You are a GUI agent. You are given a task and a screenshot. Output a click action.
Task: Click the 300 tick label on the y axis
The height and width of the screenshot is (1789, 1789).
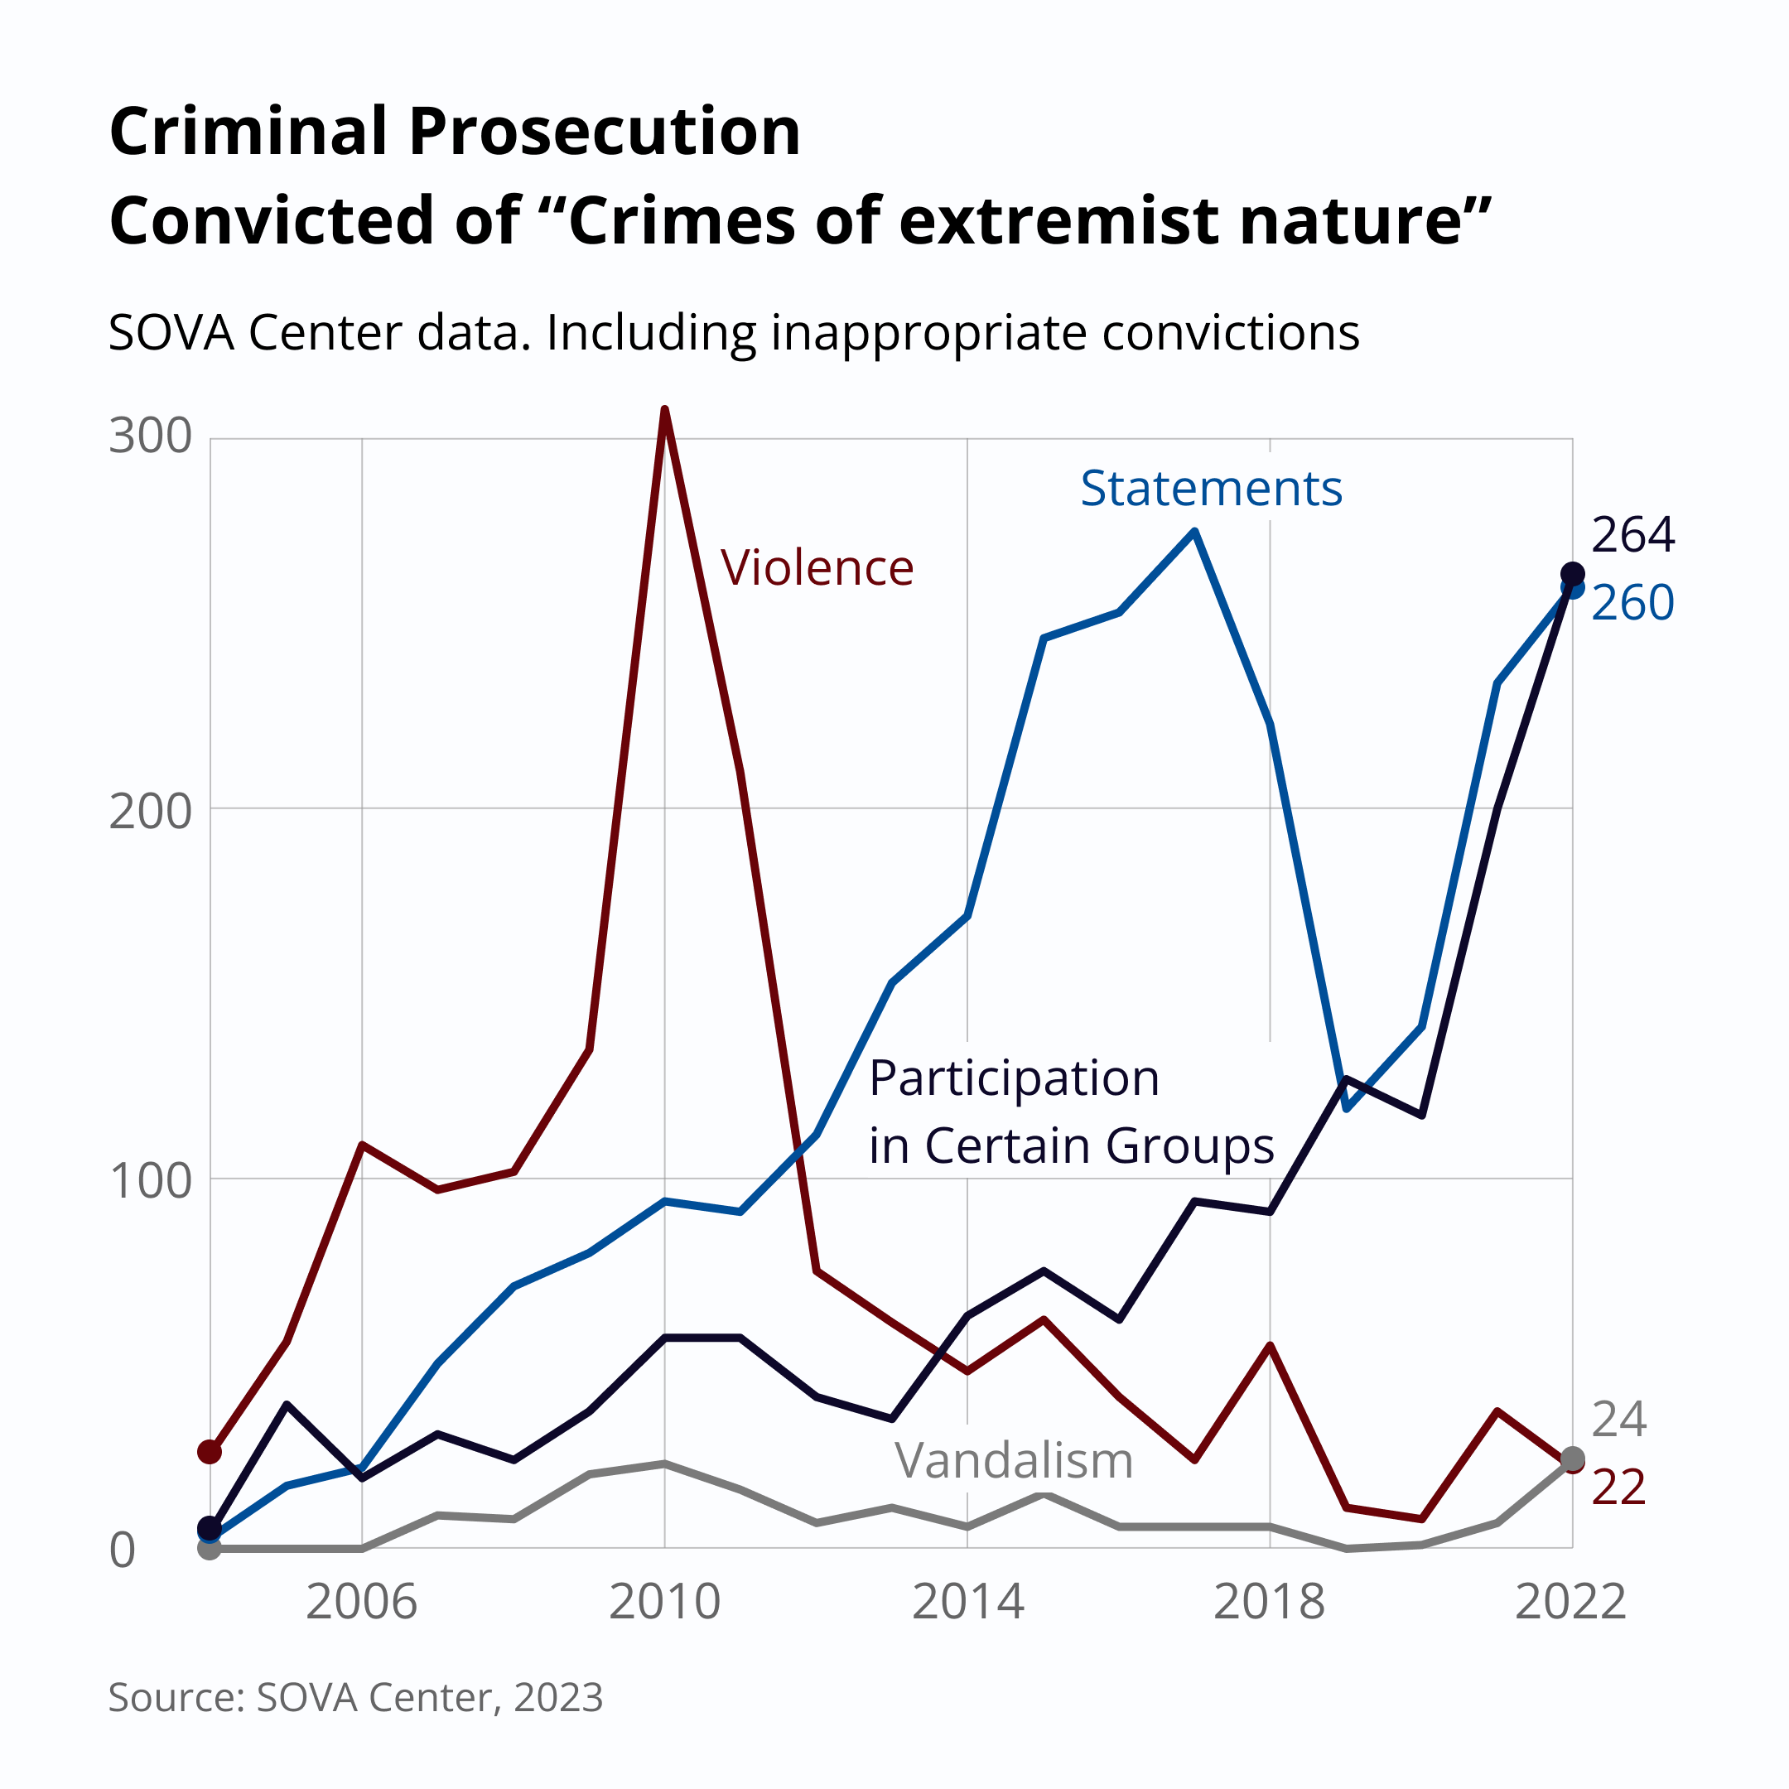(150, 436)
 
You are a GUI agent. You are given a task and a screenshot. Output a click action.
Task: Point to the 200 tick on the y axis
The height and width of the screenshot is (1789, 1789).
(150, 812)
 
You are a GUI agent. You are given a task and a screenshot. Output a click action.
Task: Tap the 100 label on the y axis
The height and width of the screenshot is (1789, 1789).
(150, 1182)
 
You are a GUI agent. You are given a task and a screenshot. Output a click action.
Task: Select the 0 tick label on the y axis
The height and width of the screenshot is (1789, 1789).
(123, 1550)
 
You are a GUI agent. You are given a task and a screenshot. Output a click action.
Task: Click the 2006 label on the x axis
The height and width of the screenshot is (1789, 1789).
(361, 1602)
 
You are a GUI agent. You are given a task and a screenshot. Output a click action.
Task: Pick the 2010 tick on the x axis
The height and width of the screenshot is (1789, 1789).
(664, 1602)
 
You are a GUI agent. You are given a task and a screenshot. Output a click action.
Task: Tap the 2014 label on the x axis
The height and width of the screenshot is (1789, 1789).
(967, 1602)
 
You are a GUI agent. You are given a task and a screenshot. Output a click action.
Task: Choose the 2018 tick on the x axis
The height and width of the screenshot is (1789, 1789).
(1270, 1602)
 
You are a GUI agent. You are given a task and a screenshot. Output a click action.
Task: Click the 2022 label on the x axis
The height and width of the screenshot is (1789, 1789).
(1570, 1602)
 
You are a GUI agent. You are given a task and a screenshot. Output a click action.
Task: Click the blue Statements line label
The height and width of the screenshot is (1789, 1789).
(1210, 488)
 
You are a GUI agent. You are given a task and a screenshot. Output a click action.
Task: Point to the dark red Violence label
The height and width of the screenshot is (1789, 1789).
(817, 567)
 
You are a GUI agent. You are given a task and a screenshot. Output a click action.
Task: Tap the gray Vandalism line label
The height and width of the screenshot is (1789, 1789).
(1013, 1461)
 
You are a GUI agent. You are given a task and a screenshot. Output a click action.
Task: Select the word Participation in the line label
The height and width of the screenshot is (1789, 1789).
(1014, 1078)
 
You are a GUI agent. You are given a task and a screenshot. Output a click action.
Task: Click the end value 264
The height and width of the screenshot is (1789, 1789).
(1632, 535)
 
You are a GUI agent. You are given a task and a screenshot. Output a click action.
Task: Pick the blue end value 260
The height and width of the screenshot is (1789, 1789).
(1632, 603)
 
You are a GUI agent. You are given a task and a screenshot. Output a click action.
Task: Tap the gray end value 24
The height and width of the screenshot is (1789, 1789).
(1618, 1420)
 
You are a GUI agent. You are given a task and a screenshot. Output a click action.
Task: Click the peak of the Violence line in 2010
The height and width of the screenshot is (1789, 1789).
(665, 409)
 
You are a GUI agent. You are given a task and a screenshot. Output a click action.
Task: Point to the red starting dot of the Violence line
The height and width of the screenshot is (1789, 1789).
(210, 1452)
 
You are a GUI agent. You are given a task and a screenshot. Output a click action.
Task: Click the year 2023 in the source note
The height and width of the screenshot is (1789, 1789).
(557, 1697)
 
